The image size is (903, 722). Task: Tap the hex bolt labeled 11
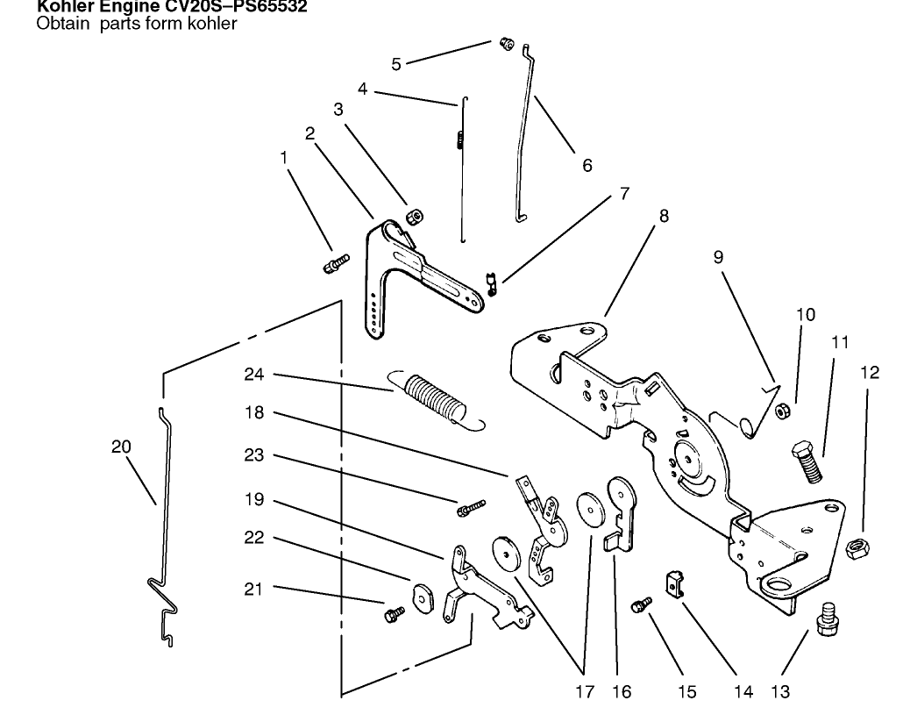point(807,461)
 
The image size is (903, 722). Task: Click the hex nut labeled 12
point(857,550)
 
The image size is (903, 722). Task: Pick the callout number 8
point(664,216)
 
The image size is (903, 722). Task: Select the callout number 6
point(587,165)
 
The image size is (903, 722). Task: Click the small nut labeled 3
point(414,216)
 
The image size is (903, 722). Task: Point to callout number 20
point(121,447)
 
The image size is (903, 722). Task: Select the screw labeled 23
point(471,507)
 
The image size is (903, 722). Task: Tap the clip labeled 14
point(674,581)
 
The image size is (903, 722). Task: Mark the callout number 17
point(585,692)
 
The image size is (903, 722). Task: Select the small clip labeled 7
point(494,284)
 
